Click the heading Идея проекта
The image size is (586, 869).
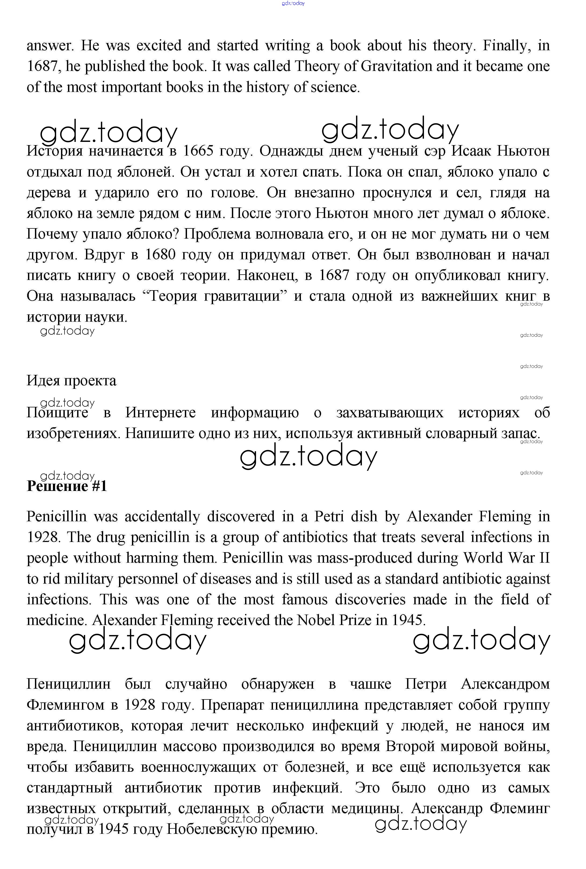71,381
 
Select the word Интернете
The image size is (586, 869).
160,413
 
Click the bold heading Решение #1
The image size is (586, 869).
67,486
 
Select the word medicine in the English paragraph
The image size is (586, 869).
56,620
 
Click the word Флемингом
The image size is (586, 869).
65,705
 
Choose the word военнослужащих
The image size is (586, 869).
199,767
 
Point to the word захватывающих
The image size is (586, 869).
390,413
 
